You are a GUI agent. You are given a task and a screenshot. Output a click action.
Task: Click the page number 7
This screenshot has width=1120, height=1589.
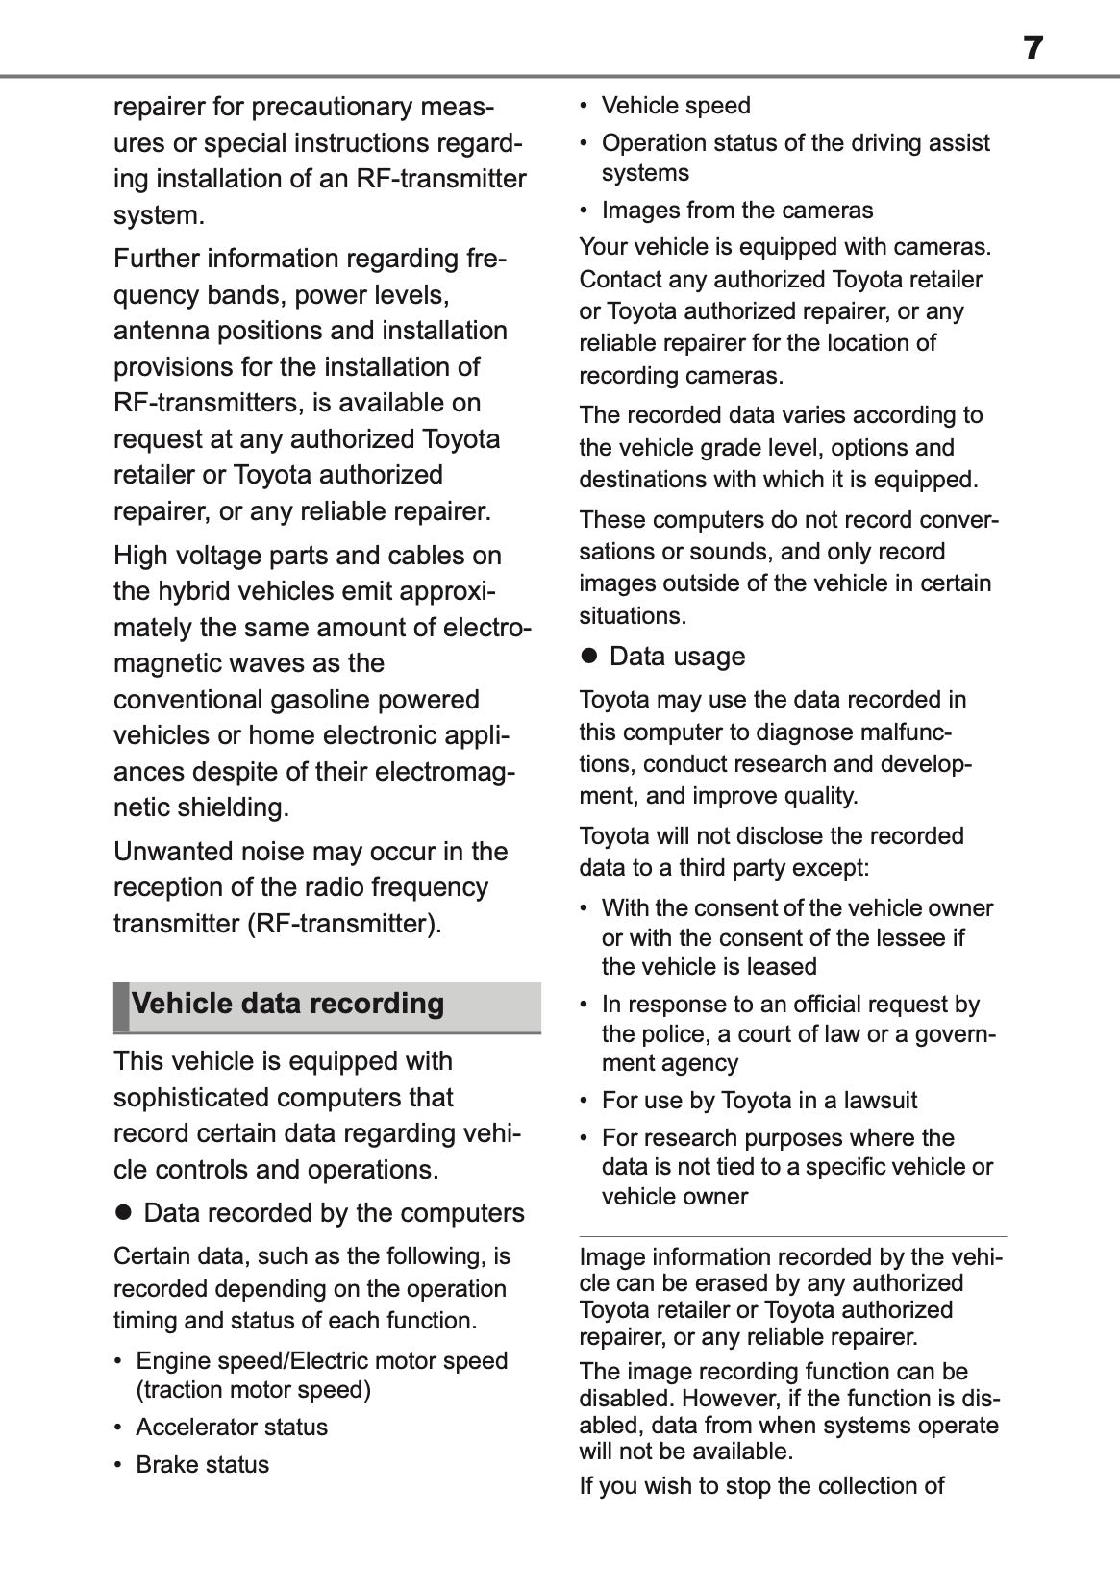[1033, 47]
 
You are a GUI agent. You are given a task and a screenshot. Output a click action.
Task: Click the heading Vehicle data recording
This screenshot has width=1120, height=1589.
[287, 1004]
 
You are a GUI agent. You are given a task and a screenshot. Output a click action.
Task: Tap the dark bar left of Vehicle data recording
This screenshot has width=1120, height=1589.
[120, 1006]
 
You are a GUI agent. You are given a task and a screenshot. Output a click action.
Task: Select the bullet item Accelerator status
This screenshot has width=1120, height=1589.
[232, 1427]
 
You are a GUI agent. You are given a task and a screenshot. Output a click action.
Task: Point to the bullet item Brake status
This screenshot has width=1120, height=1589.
[202, 1464]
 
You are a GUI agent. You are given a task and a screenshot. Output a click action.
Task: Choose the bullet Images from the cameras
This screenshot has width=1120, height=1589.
[736, 210]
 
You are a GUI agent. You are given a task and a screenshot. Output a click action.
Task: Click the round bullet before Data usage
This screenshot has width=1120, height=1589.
[589, 657]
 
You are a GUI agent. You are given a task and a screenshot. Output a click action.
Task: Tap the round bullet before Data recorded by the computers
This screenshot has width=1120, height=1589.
[122, 1213]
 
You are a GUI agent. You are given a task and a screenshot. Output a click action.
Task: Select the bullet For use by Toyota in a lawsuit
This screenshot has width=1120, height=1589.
[759, 1100]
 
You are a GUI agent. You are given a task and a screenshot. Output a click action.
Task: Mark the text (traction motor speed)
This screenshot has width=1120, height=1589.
[253, 1390]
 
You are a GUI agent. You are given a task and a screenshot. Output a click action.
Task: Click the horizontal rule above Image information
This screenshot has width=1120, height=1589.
[792, 1236]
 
